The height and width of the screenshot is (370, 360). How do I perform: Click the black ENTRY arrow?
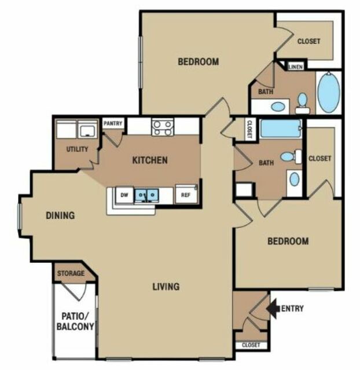[273, 309]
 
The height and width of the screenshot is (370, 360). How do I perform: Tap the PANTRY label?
[113, 123]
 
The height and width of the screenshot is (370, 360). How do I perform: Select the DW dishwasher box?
[124, 195]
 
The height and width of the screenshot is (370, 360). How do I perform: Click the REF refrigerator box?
[186, 195]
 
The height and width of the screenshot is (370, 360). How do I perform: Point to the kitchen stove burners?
[163, 127]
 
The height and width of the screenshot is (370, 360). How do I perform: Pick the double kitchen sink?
[146, 195]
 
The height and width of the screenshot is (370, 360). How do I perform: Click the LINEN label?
[296, 67]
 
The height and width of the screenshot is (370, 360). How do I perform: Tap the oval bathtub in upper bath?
[329, 93]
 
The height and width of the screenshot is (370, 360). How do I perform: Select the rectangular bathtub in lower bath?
[281, 129]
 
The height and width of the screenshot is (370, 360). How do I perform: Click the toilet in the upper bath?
[303, 103]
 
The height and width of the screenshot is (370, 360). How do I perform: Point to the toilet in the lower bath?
[291, 156]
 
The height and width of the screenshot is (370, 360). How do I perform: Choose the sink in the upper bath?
[278, 107]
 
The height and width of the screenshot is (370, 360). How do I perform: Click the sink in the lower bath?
[295, 179]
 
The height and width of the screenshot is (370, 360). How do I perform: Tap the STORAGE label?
[71, 273]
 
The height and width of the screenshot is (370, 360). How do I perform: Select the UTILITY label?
[77, 149]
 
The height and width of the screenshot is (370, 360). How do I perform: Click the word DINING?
[60, 215]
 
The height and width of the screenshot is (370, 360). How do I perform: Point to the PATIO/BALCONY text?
[75, 321]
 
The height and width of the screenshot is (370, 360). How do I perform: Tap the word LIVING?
[166, 287]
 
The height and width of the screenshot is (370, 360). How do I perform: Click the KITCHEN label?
[150, 160]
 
